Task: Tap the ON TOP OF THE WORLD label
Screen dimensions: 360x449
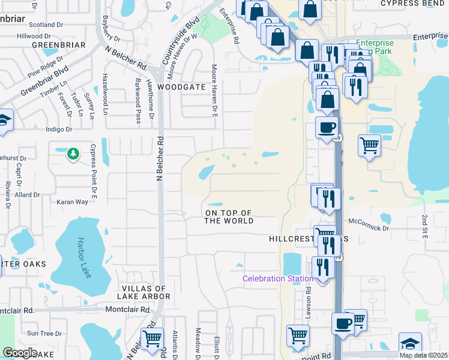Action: (x=229, y=217)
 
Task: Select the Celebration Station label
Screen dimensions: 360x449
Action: (x=278, y=278)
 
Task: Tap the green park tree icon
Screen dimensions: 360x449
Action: (x=73, y=154)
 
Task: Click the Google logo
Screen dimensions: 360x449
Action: (x=20, y=353)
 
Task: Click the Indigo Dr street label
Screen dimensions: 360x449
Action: (x=60, y=129)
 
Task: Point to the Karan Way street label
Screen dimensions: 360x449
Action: (x=72, y=202)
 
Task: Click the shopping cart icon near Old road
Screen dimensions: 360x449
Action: (x=152, y=338)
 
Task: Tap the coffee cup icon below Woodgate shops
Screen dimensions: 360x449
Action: (x=327, y=128)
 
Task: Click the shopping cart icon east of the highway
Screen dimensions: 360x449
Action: (x=369, y=145)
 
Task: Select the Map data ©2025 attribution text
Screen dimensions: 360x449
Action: (x=424, y=355)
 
